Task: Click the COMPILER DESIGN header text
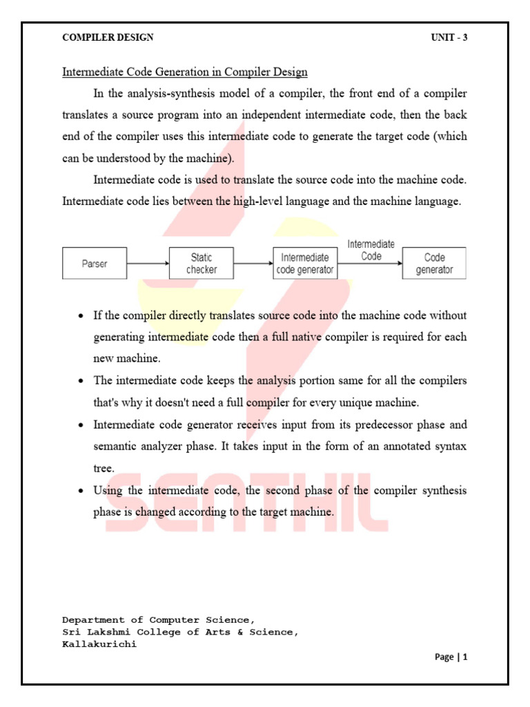(x=108, y=37)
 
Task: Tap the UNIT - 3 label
(x=449, y=37)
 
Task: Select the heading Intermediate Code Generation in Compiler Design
(x=185, y=72)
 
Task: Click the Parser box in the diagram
(x=95, y=263)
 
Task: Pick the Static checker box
(x=201, y=263)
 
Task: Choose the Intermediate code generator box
(x=304, y=263)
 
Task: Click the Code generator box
(x=434, y=263)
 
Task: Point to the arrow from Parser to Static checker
(x=148, y=263)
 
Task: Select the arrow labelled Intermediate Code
(x=370, y=263)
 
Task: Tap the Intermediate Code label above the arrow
(x=371, y=249)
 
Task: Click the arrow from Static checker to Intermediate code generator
(x=253, y=263)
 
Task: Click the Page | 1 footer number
(x=451, y=657)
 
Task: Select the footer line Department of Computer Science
(x=159, y=620)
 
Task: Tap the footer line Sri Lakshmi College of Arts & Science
(x=181, y=632)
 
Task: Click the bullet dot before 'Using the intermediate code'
(x=81, y=491)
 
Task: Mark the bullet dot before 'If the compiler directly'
(x=81, y=316)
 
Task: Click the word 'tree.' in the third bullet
(x=104, y=468)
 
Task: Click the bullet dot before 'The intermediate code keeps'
(x=81, y=381)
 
